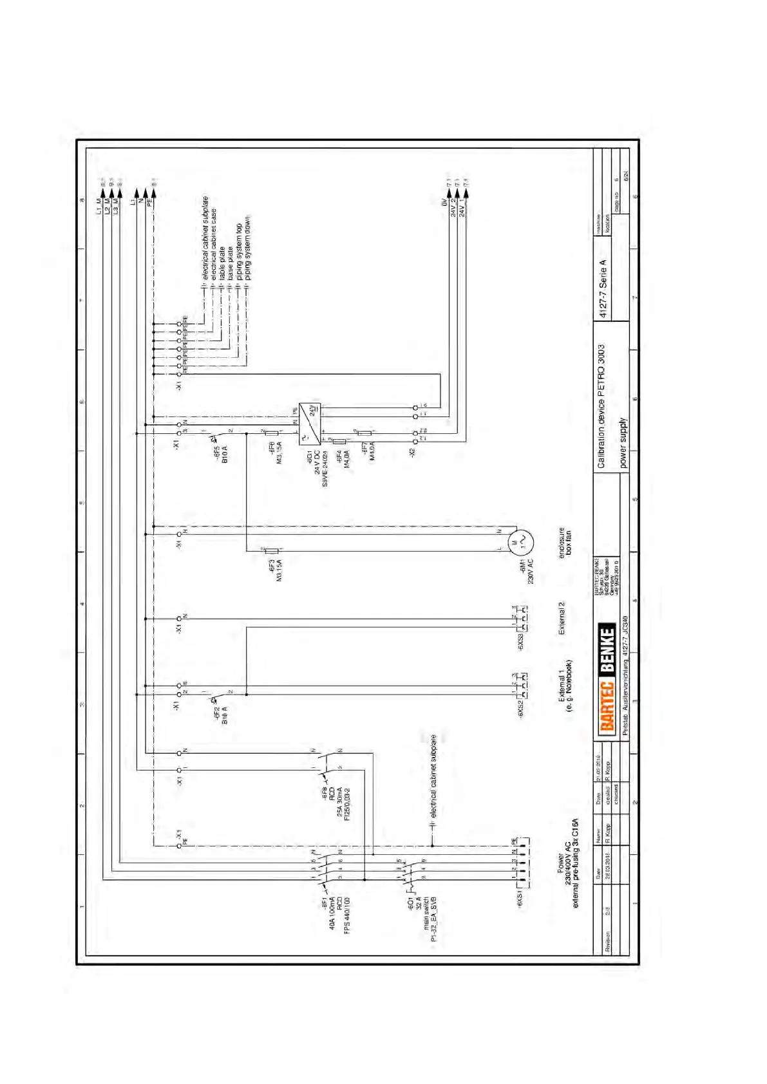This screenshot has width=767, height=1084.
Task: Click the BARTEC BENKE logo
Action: coord(607,678)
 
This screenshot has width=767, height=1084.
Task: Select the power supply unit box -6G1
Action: coord(309,424)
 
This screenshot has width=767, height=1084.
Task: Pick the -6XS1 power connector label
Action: coord(520,899)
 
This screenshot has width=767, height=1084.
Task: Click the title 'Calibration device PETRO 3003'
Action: coord(601,406)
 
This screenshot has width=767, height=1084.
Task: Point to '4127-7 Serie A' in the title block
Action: coord(603,289)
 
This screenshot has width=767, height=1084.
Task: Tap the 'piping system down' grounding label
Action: coord(248,248)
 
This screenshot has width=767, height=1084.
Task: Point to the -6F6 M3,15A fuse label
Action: coord(276,453)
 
